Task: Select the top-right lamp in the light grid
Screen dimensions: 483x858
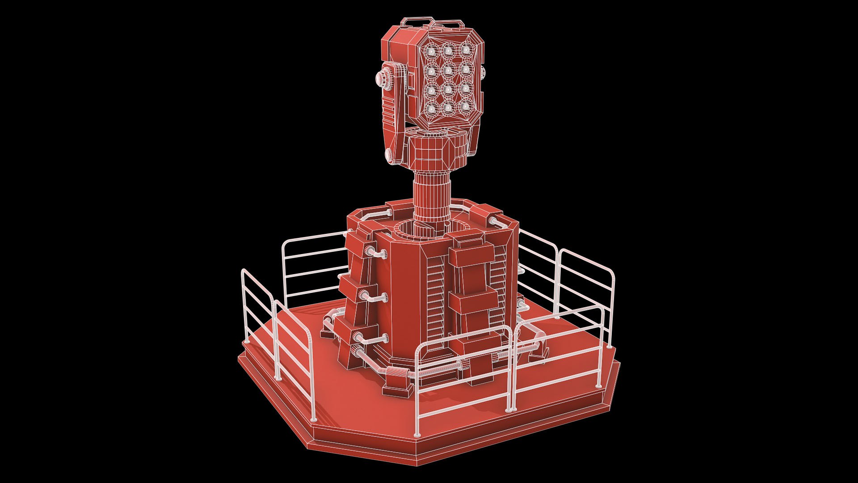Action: (466, 48)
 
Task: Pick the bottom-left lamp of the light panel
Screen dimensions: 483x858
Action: (432, 108)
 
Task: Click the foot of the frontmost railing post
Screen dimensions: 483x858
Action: (417, 434)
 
